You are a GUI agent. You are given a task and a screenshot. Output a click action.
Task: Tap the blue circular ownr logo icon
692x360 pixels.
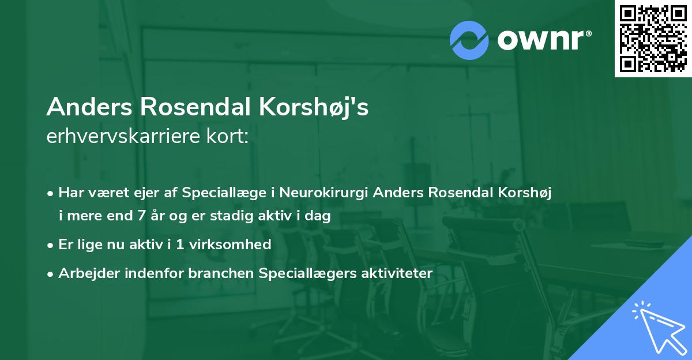[469, 40]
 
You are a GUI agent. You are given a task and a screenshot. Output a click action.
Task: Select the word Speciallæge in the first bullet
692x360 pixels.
[219, 192]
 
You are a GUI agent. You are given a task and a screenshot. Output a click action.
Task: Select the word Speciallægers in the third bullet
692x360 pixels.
[302, 273]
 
